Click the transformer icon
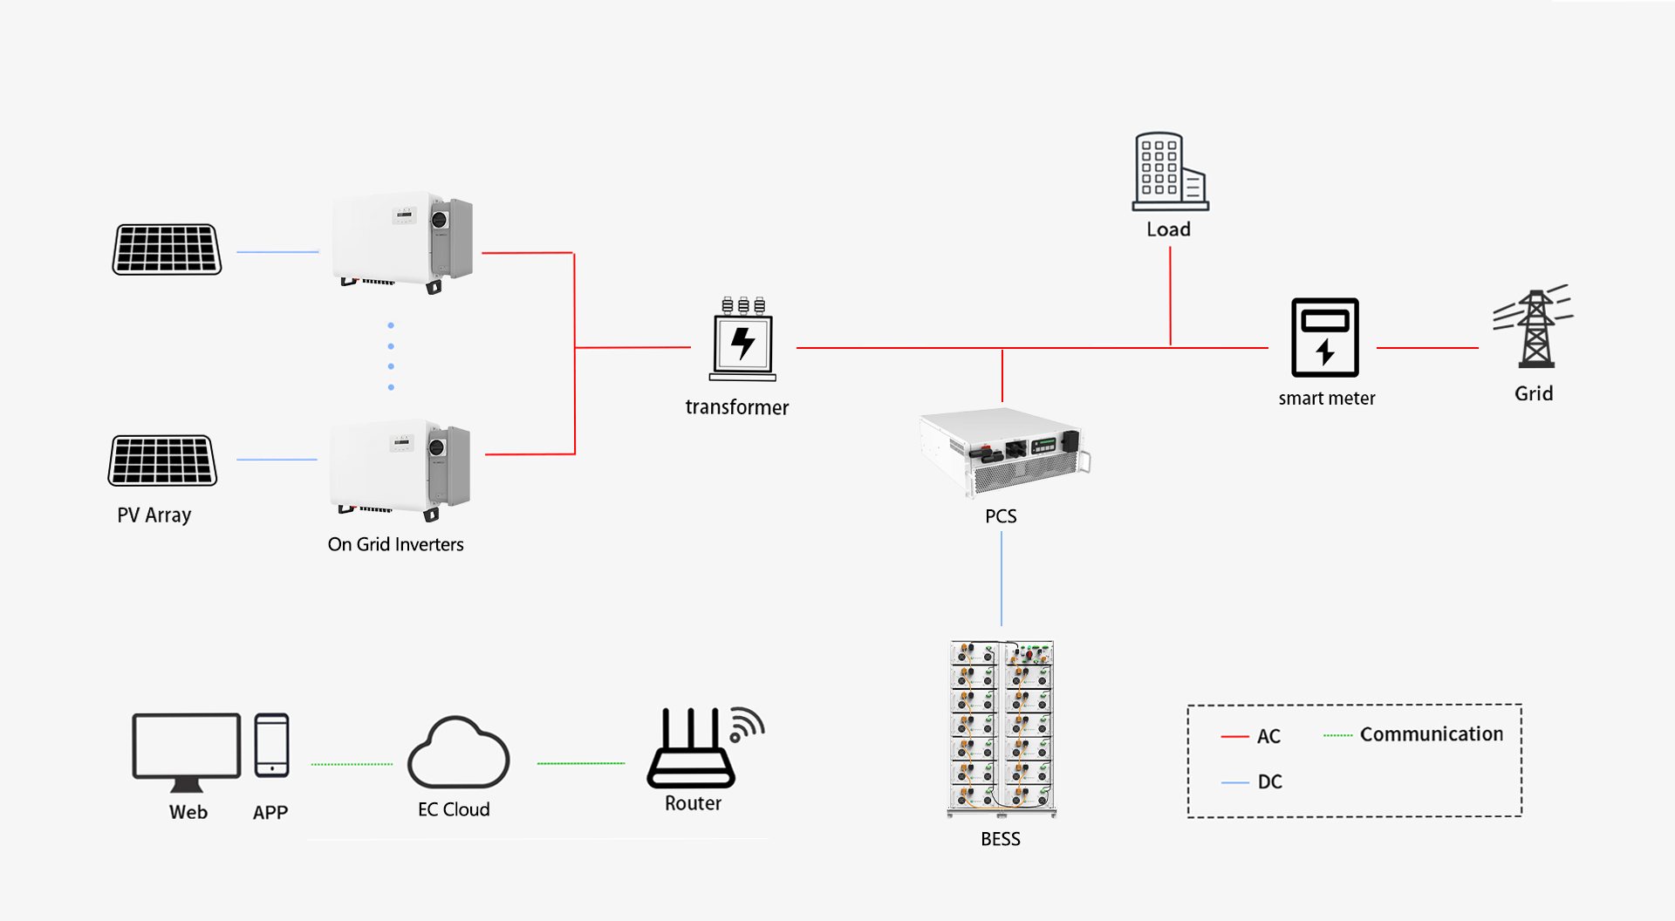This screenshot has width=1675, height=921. [742, 341]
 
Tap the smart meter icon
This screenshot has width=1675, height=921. [1324, 338]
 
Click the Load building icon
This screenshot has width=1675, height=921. [1170, 172]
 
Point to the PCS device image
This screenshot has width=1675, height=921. [1004, 452]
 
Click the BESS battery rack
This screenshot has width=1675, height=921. [1002, 728]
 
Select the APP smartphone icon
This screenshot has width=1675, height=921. [271, 746]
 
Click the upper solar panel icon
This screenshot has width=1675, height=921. [167, 249]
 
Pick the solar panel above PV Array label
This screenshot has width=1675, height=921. [162, 460]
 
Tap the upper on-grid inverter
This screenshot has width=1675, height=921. [402, 242]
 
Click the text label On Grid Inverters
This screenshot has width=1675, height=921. [395, 544]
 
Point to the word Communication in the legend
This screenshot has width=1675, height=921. [1431, 734]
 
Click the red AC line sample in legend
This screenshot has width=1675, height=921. [1234, 737]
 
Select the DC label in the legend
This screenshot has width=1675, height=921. [1269, 781]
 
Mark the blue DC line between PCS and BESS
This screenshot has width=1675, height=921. [1002, 579]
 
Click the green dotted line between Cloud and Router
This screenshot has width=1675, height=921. [581, 763]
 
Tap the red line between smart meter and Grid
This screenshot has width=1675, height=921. [1427, 348]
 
